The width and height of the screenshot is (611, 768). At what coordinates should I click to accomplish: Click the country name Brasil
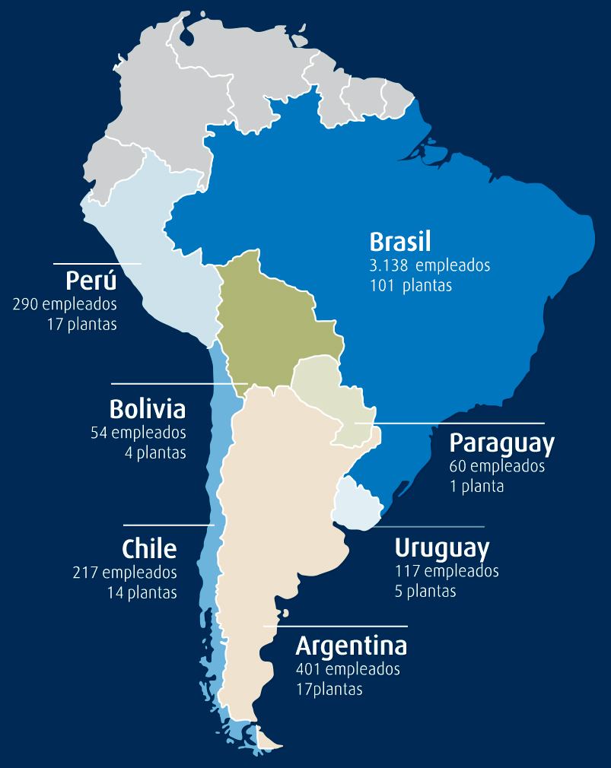pyautogui.click(x=399, y=242)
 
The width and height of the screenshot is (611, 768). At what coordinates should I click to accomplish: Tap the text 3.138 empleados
pyautogui.click(x=429, y=265)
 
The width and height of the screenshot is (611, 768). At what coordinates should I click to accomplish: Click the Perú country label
pyautogui.click(x=91, y=281)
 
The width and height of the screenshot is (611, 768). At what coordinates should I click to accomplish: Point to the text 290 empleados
pyautogui.click(x=65, y=304)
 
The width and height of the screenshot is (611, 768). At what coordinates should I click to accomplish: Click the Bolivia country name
pyautogui.click(x=148, y=409)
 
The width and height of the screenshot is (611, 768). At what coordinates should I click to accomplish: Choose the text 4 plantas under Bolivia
pyautogui.click(x=155, y=452)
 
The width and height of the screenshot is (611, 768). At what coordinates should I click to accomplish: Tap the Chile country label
pyautogui.click(x=149, y=548)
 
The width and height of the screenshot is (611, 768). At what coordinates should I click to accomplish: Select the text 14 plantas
pyautogui.click(x=142, y=592)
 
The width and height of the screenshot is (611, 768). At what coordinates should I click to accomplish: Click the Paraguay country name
pyautogui.click(x=501, y=443)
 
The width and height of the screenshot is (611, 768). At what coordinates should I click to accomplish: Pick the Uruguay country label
pyautogui.click(x=441, y=548)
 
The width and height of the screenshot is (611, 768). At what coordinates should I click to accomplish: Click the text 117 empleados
pyautogui.click(x=447, y=570)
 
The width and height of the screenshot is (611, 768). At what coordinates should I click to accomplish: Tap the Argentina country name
pyautogui.click(x=351, y=646)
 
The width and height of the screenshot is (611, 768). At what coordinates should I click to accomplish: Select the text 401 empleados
pyautogui.click(x=348, y=669)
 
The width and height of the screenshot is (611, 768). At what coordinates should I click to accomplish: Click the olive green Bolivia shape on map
pyautogui.click(x=270, y=319)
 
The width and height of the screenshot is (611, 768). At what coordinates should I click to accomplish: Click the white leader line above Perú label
pyautogui.click(x=97, y=264)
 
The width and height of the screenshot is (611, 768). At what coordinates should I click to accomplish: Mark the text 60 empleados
pyautogui.click(x=497, y=466)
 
